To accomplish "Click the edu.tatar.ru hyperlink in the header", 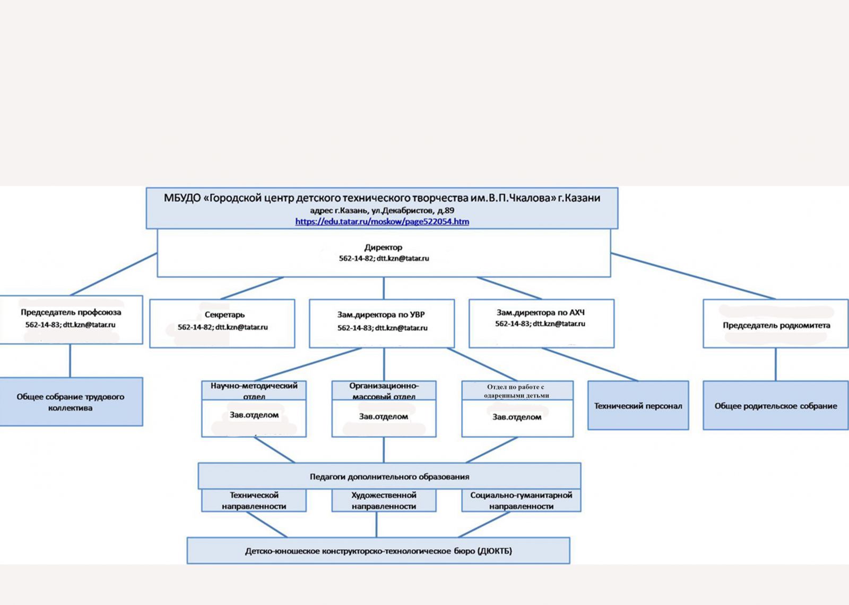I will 382,221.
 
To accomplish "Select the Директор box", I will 384,253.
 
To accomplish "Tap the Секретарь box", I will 222,323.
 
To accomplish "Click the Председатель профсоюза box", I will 71,319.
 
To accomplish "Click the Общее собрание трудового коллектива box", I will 71,402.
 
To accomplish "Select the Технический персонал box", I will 638,405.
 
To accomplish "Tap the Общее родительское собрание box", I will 776,405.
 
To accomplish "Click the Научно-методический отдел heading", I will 254,390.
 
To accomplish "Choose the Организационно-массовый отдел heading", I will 384,390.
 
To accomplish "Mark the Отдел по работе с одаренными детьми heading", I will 517,390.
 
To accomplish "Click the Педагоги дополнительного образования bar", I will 389,476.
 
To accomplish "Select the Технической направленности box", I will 254,500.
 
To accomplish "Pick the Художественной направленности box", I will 384,500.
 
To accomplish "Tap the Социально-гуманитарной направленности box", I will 521,500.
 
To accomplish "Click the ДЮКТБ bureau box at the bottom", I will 378,551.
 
